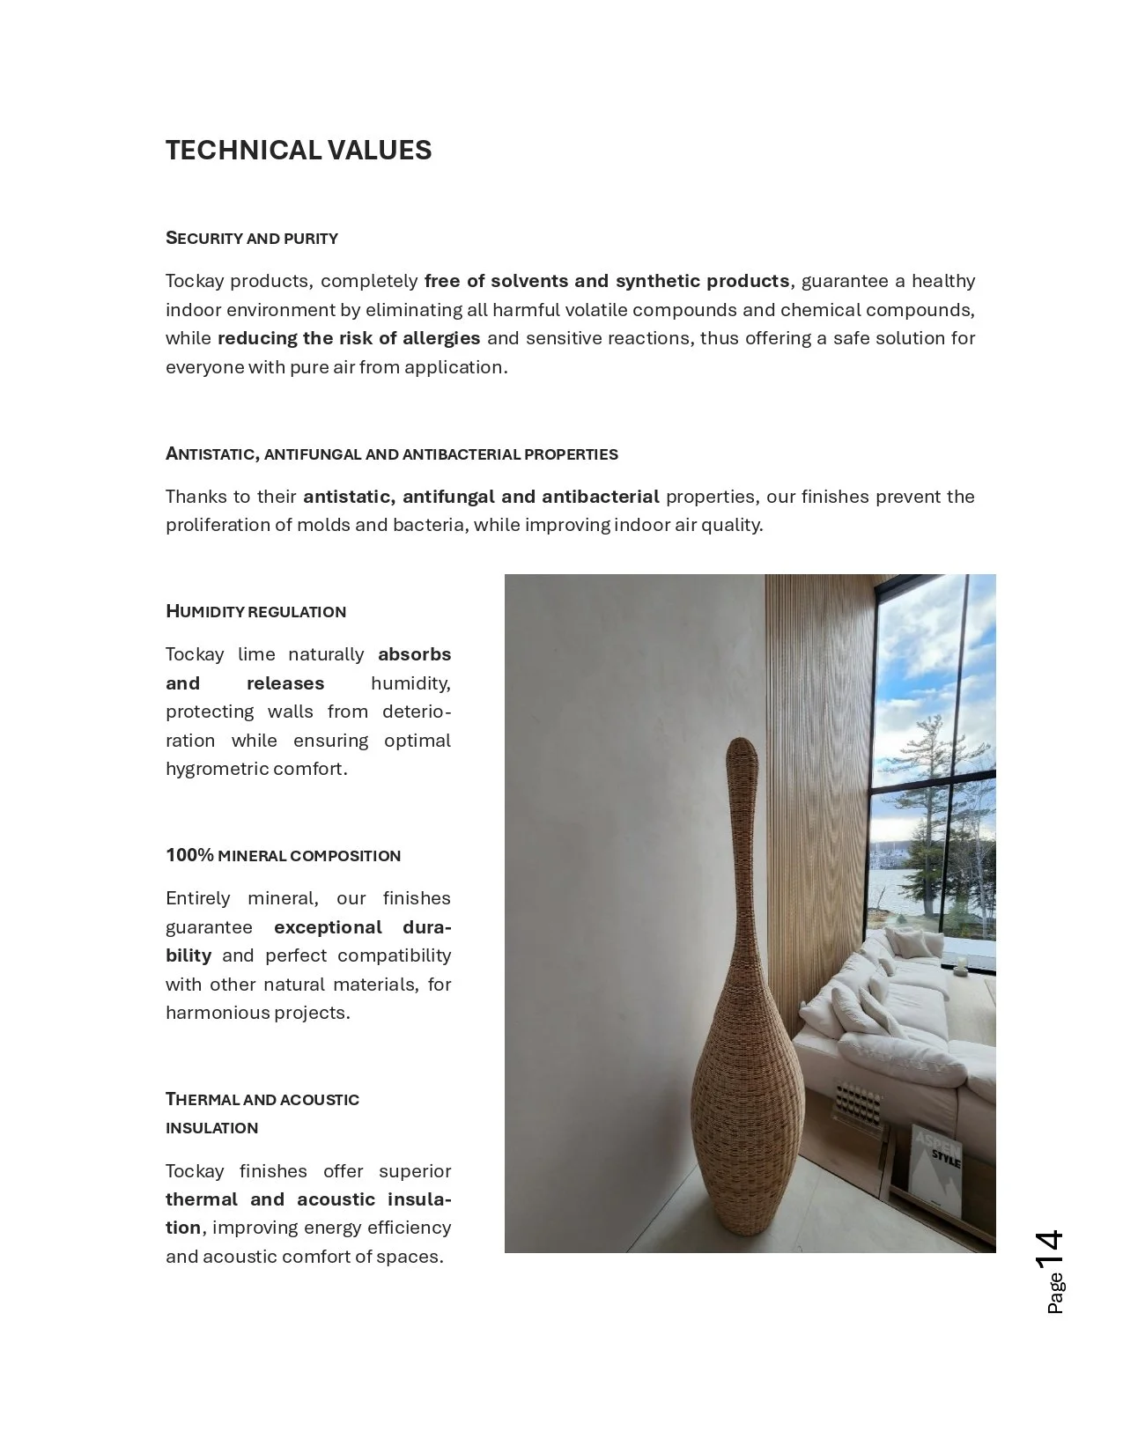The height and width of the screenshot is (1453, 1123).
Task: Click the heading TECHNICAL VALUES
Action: point(299,151)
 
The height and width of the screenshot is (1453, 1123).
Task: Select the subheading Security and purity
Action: point(252,238)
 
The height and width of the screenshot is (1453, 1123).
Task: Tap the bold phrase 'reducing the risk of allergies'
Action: point(349,338)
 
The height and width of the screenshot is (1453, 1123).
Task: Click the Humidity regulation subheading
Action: point(255,611)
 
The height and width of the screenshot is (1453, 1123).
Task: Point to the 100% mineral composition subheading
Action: point(283,855)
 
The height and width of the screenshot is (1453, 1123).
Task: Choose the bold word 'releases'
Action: point(285,683)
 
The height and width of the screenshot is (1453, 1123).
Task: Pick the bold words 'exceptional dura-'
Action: point(362,927)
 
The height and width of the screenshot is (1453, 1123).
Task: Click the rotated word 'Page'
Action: point(1055,1294)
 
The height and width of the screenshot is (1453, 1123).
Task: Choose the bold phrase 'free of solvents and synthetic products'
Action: point(607,281)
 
